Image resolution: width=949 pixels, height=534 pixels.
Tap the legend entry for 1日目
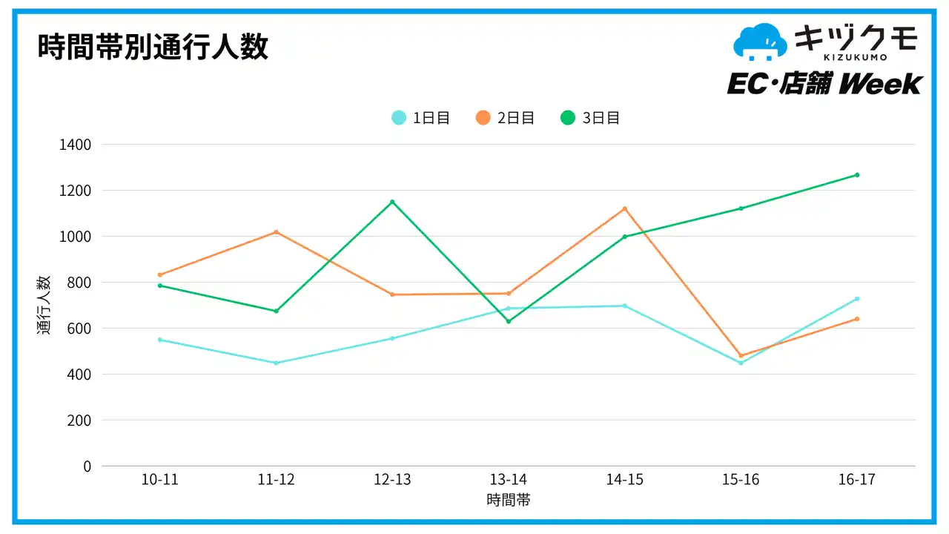[x=421, y=118]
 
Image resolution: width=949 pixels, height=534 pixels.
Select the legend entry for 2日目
[x=506, y=118]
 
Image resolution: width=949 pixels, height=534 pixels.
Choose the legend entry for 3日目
[x=590, y=118]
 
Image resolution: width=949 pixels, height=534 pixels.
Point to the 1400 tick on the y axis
[x=75, y=145]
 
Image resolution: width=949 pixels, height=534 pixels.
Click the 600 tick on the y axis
[x=79, y=329]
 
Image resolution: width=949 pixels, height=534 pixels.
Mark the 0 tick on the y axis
[x=87, y=467]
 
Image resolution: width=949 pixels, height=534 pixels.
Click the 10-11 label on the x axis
[x=160, y=480]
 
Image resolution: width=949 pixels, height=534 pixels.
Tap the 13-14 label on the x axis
[x=509, y=480]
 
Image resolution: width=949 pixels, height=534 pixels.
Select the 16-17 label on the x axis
[x=857, y=480]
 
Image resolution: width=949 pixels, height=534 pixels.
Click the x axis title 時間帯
[x=509, y=500]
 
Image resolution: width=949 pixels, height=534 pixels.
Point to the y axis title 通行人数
[x=44, y=305]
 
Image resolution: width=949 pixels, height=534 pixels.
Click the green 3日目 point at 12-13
[x=392, y=202]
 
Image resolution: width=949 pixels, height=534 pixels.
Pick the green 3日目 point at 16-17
[x=857, y=175]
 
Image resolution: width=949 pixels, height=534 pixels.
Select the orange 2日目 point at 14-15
[x=625, y=208]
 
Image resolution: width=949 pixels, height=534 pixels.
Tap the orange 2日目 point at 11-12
[x=277, y=232]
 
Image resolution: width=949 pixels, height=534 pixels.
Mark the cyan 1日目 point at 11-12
[x=277, y=363]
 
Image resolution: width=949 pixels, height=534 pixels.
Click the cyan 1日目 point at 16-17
[x=857, y=299]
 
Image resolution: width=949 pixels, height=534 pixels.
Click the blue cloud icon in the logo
[x=759, y=42]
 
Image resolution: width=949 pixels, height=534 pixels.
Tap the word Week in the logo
[x=881, y=84]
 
